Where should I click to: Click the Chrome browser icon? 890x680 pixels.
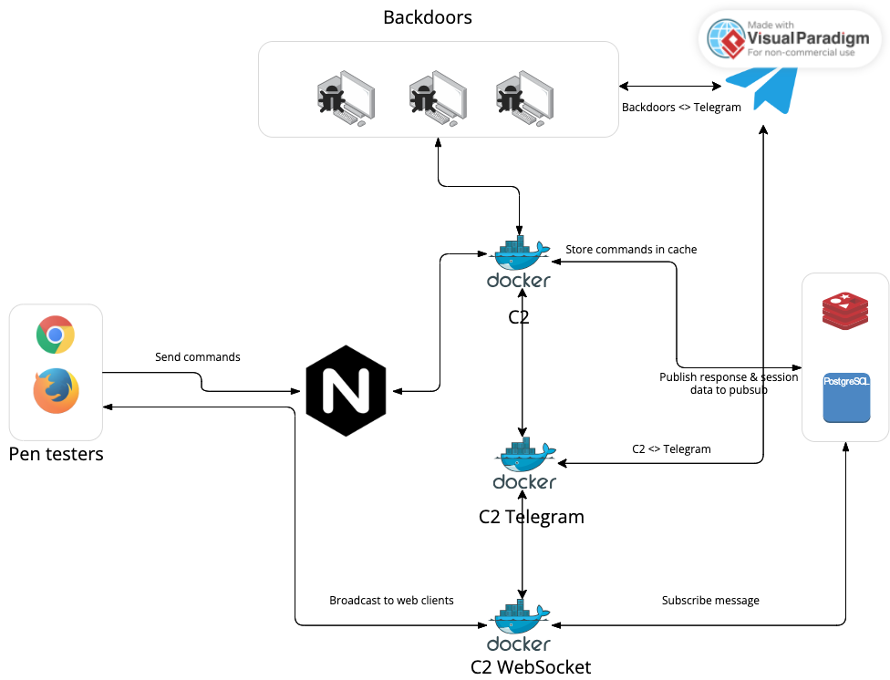pos(56,335)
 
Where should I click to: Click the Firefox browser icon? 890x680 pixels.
pos(56,391)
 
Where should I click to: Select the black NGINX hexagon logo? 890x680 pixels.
pos(346,390)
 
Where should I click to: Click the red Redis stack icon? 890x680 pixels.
pos(844,312)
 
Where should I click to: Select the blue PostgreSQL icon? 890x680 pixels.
pos(846,397)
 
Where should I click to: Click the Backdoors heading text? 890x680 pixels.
pos(428,16)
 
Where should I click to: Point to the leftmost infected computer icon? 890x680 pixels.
pos(345,98)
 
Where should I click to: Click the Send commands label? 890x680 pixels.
pos(198,357)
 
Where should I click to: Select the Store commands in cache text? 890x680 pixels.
pos(631,249)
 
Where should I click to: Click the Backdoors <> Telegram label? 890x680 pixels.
pos(681,108)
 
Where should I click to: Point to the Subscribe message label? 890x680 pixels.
pos(710,600)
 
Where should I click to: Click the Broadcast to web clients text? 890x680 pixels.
pos(391,601)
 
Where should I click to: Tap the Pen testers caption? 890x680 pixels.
pos(57,453)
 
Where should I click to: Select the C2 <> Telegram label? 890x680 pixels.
pos(671,448)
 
